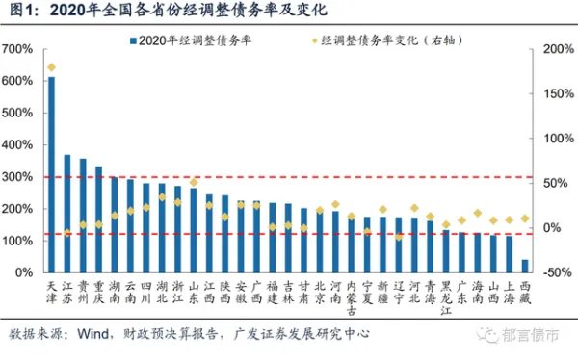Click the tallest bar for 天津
pyautogui.click(x=51, y=173)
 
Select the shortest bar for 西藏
pyautogui.click(x=525, y=266)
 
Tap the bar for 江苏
pyautogui.click(x=66, y=213)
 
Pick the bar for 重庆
pyautogui.click(x=98, y=219)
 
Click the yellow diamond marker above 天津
pyautogui.click(x=51, y=67)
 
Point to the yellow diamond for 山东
pyautogui.click(x=194, y=182)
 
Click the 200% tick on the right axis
pyautogui.click(x=557, y=49)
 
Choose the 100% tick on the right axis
pyautogui.click(x=557, y=139)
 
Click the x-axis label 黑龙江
pyautogui.click(x=446, y=296)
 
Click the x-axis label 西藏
pyautogui.click(x=525, y=292)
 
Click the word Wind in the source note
pyautogui.click(x=93, y=334)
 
